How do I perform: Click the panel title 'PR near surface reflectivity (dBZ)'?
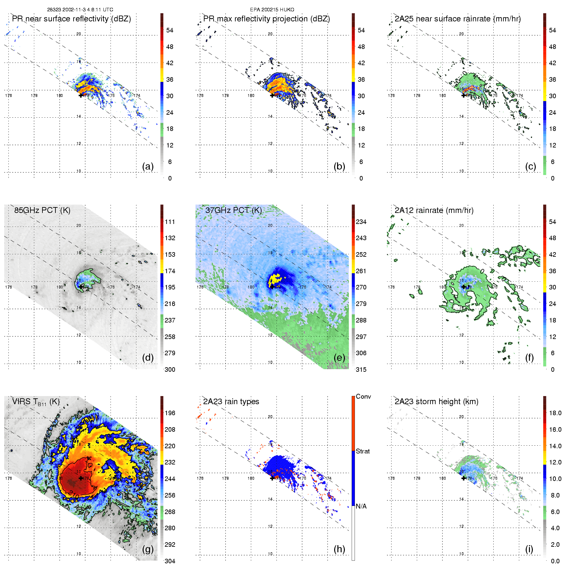click(x=71, y=19)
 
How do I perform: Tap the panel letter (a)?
click(x=148, y=167)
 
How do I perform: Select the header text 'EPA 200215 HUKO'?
click(x=272, y=10)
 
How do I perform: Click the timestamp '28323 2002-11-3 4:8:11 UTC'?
click(x=80, y=10)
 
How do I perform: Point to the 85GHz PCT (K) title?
click(x=42, y=210)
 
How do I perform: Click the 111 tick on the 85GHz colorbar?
click(x=170, y=222)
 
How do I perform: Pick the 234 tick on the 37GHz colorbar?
click(x=361, y=222)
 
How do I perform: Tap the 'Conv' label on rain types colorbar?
click(x=363, y=397)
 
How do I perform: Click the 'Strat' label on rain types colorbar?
click(x=363, y=451)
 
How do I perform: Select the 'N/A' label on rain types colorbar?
click(x=361, y=506)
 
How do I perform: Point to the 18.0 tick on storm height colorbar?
click(x=555, y=413)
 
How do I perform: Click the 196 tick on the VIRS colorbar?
click(x=170, y=413)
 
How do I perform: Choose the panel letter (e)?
click(x=339, y=358)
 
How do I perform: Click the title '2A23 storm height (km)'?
click(x=436, y=402)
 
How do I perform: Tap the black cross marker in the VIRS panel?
click(x=81, y=478)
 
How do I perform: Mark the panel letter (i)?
click(x=529, y=549)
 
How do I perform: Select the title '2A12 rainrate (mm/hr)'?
click(x=434, y=210)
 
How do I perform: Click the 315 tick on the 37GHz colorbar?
click(x=361, y=370)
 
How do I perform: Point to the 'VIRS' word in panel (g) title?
click(x=21, y=402)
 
